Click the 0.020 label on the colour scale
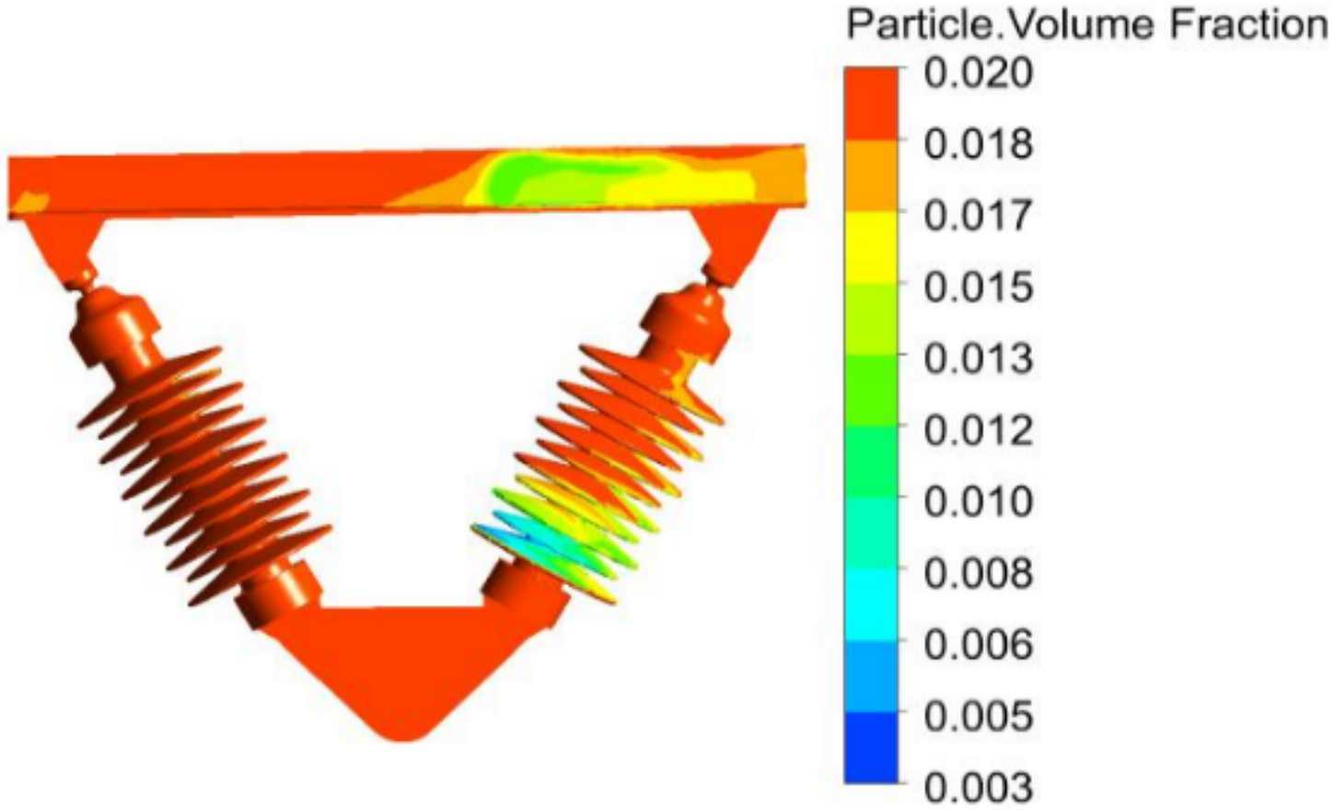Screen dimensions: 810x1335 (978, 73)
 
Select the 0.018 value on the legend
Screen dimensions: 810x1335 (978, 144)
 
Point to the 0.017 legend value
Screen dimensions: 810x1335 (978, 216)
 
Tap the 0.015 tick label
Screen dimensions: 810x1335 (978, 288)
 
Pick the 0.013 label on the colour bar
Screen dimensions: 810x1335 (978, 358)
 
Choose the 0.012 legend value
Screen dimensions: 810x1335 (978, 430)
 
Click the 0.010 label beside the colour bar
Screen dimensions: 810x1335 (978, 502)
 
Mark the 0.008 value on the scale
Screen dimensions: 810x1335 (978, 573)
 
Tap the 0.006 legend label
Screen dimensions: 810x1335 (978, 644)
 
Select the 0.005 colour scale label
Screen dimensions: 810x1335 (978, 715)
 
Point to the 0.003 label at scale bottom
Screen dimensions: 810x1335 (978, 787)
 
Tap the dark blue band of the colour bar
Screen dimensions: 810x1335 (871, 747)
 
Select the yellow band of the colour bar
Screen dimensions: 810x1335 (871, 248)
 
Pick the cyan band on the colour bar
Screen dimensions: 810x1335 (871, 605)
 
